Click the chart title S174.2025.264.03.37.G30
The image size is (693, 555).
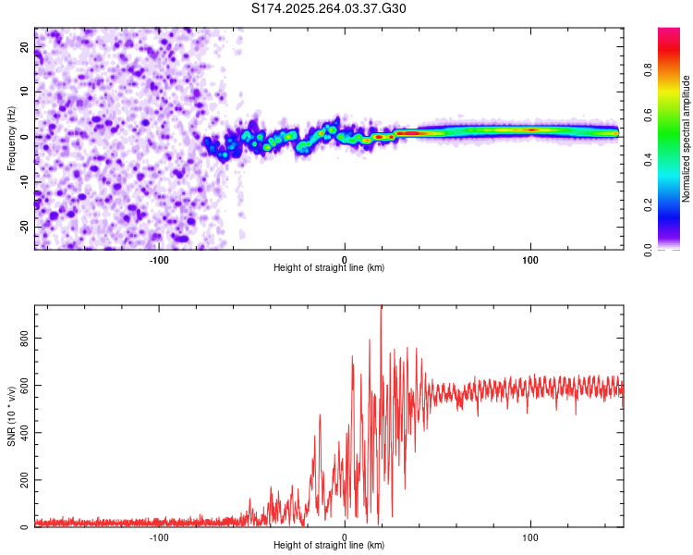point(329,8)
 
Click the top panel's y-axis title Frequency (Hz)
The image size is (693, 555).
point(11,137)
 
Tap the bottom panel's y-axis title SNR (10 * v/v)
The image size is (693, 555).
point(11,417)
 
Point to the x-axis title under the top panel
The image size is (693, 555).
point(329,267)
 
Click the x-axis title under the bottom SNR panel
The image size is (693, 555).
point(329,545)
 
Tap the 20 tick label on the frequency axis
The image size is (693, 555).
point(25,45)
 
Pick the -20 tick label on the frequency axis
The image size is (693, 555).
point(23,227)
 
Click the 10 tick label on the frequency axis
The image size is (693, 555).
point(25,91)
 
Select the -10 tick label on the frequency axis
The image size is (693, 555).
point(23,181)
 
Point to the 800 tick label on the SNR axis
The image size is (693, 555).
point(25,339)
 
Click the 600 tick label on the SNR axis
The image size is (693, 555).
point(25,387)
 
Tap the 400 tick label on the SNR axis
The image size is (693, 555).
point(25,433)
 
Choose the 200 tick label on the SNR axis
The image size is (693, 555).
point(25,480)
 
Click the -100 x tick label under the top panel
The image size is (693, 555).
point(158,259)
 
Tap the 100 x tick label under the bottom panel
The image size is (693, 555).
point(530,536)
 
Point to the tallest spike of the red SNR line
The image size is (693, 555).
point(382,308)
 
